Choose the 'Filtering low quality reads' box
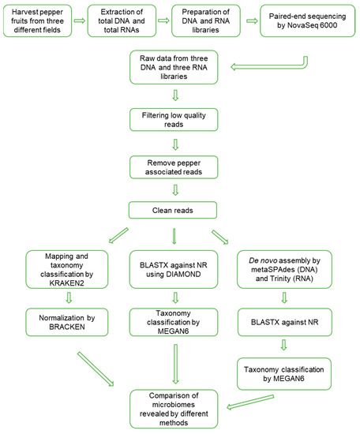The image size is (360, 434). click(179, 123)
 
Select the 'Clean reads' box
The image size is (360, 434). click(179, 210)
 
